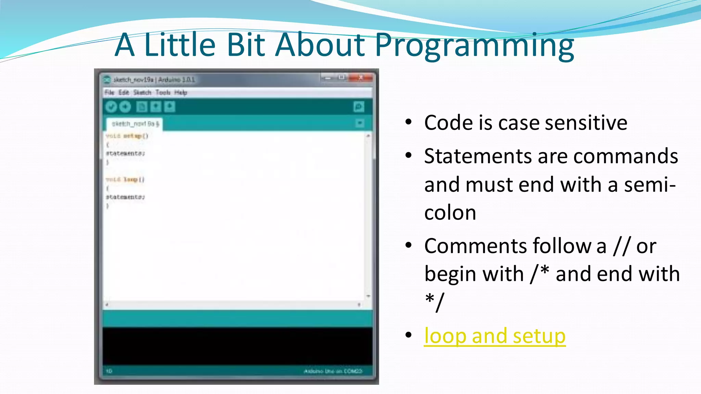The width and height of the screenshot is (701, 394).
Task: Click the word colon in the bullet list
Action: click(450, 213)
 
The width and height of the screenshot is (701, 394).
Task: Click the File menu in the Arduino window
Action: click(109, 92)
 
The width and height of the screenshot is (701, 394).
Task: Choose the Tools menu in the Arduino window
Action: click(163, 92)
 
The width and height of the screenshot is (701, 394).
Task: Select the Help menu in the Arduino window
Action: click(180, 92)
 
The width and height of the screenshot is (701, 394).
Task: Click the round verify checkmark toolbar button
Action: click(111, 107)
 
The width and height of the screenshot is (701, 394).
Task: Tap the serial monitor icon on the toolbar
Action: click(358, 107)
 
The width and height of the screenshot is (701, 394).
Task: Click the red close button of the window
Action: click(361, 78)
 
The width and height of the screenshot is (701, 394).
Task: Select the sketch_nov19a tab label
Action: click(135, 124)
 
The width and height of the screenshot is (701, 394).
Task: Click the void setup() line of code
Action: click(127, 136)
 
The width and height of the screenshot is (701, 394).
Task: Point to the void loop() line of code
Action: click(125, 180)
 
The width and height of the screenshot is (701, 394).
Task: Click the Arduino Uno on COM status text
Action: click(333, 371)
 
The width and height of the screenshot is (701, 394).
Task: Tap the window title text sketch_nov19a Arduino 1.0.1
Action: click(154, 80)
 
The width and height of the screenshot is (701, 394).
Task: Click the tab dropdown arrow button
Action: click(359, 123)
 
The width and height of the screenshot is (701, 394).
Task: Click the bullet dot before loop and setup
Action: click(408, 335)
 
